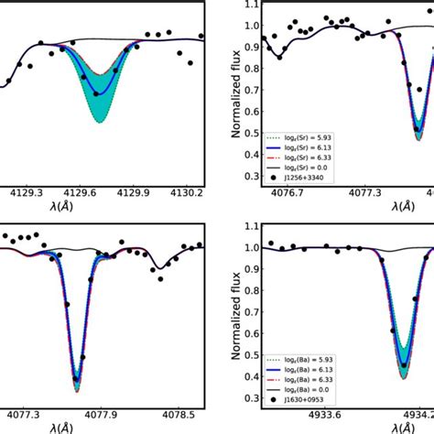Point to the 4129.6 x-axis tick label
click(81, 193)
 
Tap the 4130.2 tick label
click(188, 193)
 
